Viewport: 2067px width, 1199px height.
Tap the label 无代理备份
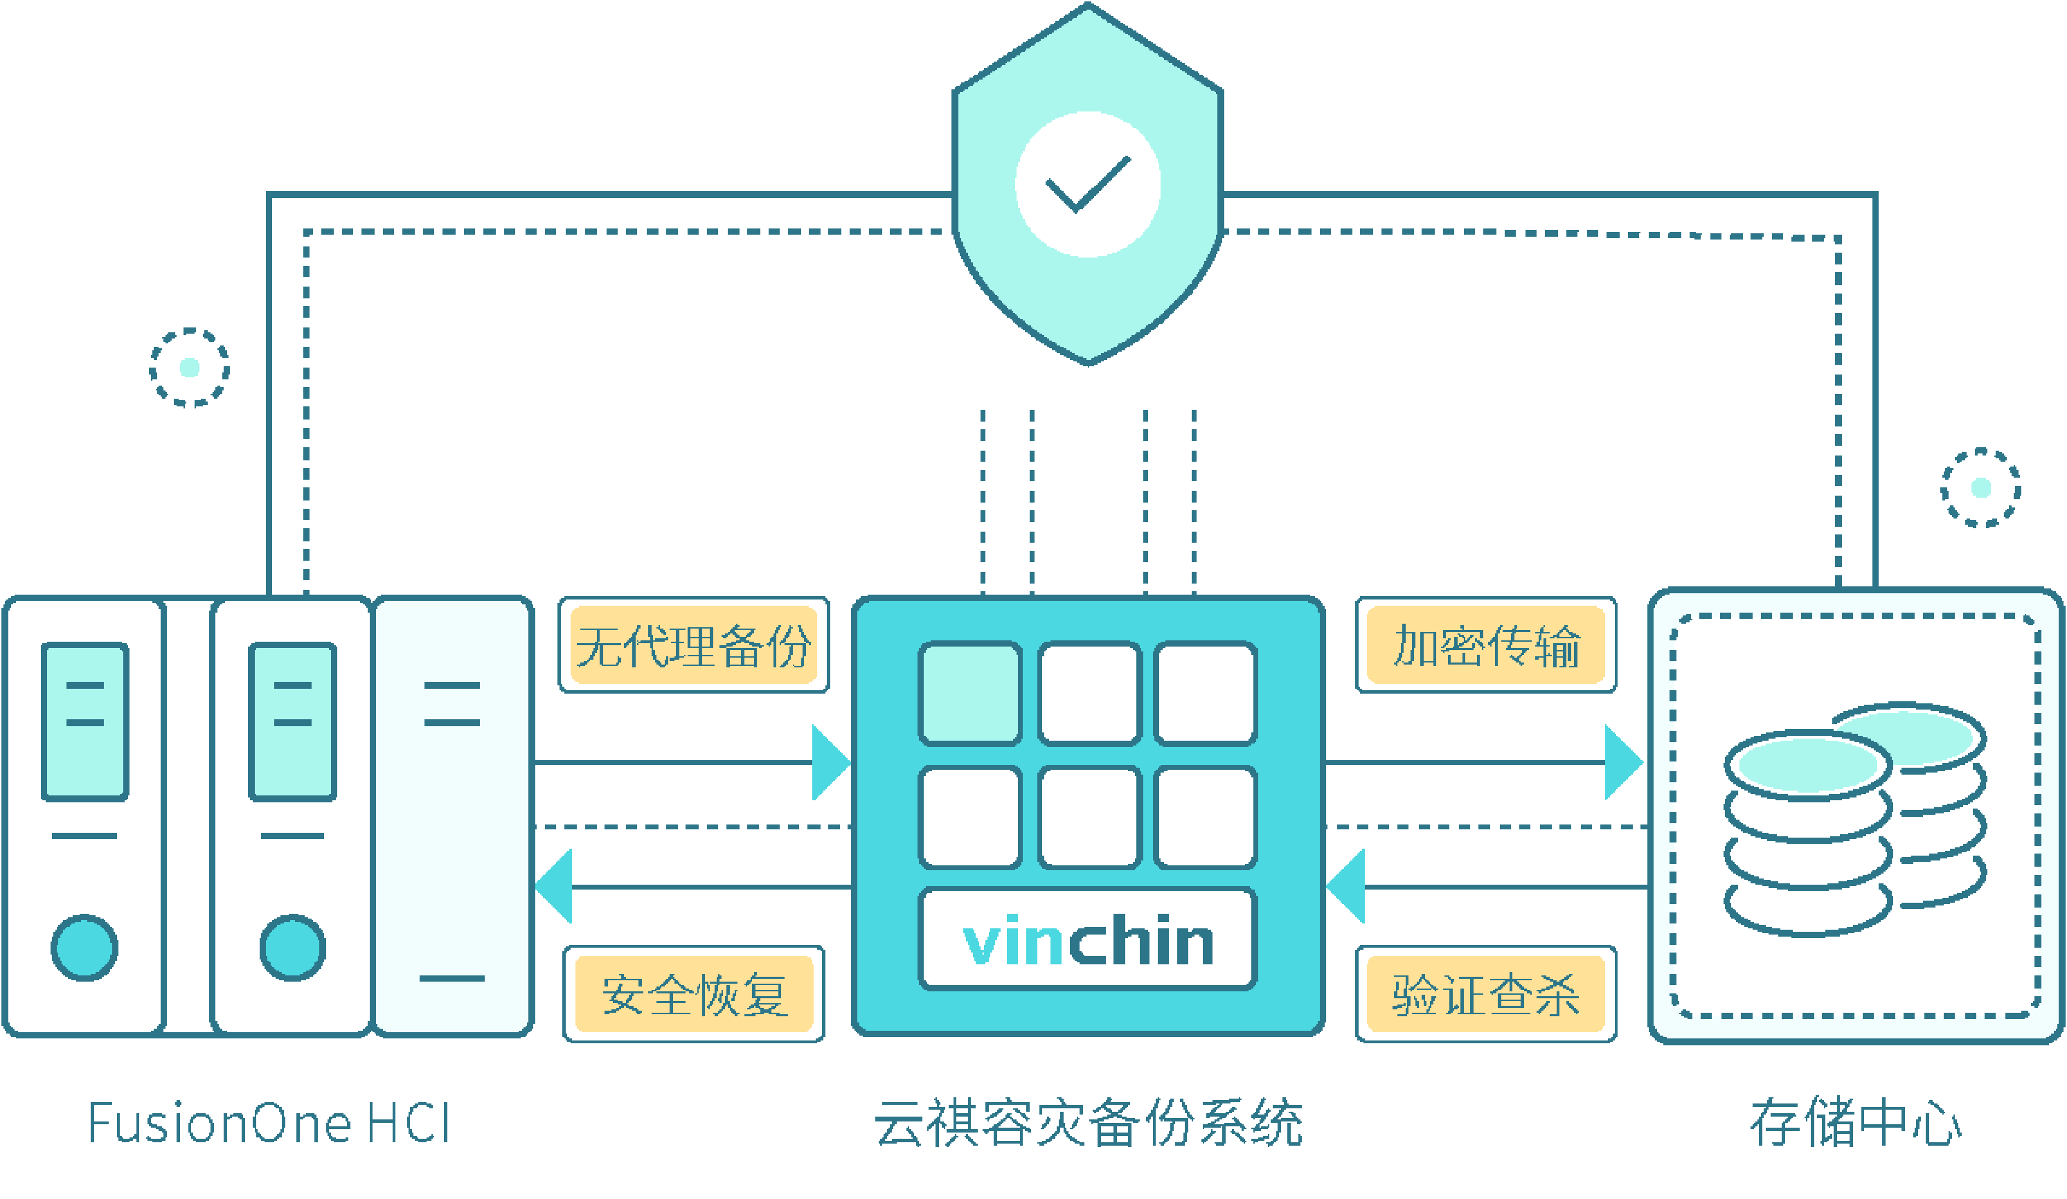[693, 645]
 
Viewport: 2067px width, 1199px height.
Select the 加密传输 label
[1485, 645]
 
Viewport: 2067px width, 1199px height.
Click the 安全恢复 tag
[693, 994]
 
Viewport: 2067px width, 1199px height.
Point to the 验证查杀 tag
[1485, 994]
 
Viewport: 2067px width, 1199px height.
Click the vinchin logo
[1088, 941]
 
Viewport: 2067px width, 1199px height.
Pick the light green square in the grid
[969, 694]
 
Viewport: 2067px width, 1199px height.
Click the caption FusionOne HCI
[269, 1124]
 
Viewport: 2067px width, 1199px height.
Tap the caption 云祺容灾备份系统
[1088, 1124]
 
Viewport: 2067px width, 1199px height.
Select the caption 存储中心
[1855, 1124]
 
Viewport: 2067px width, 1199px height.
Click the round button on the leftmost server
[84, 947]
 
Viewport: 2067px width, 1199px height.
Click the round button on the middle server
[293, 947]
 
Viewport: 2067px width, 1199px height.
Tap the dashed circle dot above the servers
[190, 368]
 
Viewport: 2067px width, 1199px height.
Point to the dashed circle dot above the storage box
[1981, 488]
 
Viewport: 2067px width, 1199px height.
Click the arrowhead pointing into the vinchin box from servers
[828, 763]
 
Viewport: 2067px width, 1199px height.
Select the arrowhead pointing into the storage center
[1622, 763]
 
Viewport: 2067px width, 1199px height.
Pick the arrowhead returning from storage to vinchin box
[1348, 887]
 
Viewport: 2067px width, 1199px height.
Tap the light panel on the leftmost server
[84, 721]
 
